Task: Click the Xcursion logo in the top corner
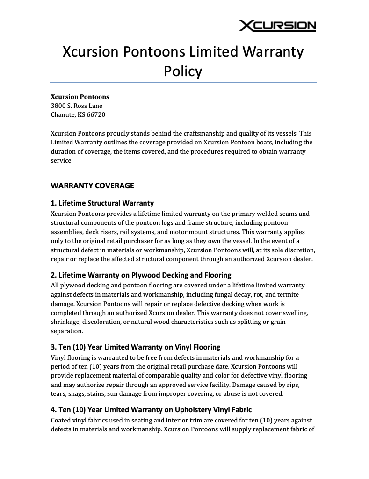point(277,26)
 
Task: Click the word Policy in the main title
point(183,71)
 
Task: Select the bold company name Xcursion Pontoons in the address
point(80,97)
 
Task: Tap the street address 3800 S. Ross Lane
point(76,106)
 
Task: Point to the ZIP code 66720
point(96,114)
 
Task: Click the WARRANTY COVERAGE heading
point(92,186)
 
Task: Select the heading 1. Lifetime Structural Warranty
point(102,203)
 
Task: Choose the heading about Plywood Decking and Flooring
point(141,275)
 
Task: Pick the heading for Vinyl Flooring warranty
point(135,347)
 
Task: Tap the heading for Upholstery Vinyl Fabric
point(151,410)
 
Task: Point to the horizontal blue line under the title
point(183,83)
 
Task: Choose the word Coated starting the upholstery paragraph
point(62,420)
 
